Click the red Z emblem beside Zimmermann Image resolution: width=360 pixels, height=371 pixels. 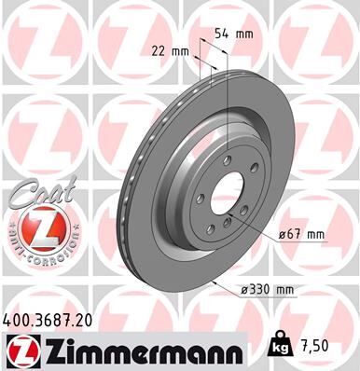pos(20,350)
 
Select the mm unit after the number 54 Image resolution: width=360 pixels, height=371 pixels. pos(245,34)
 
